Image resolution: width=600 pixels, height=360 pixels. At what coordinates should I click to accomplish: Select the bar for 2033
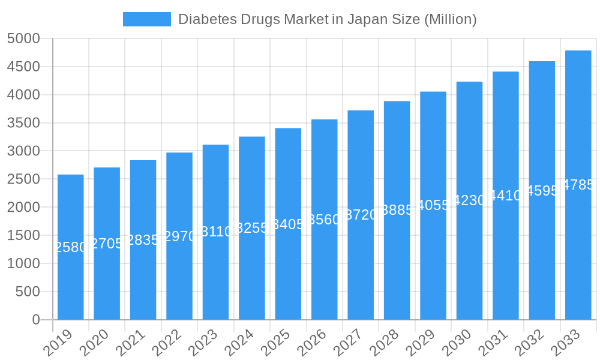pos(578,252)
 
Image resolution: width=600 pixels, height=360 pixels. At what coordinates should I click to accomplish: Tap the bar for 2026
pos(325,270)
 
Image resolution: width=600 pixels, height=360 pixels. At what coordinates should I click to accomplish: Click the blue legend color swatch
pos(146,19)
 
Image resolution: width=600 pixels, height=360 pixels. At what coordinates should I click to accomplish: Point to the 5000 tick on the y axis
pos(23,39)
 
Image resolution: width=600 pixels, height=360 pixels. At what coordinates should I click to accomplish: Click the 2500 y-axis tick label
pos(23,179)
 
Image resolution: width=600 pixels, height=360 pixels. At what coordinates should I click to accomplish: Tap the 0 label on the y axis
pos(36,320)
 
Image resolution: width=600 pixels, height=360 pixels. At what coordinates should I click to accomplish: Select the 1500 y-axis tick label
pos(23,236)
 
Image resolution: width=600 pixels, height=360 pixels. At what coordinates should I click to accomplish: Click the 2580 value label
pos(71,247)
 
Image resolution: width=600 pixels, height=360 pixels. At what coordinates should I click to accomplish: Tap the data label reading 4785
pos(578,185)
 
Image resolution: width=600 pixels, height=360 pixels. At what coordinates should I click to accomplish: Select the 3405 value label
pos(288,224)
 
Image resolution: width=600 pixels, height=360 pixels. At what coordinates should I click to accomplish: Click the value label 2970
pos(179,236)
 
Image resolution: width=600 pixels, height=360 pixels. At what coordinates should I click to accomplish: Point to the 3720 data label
pos(361,215)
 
